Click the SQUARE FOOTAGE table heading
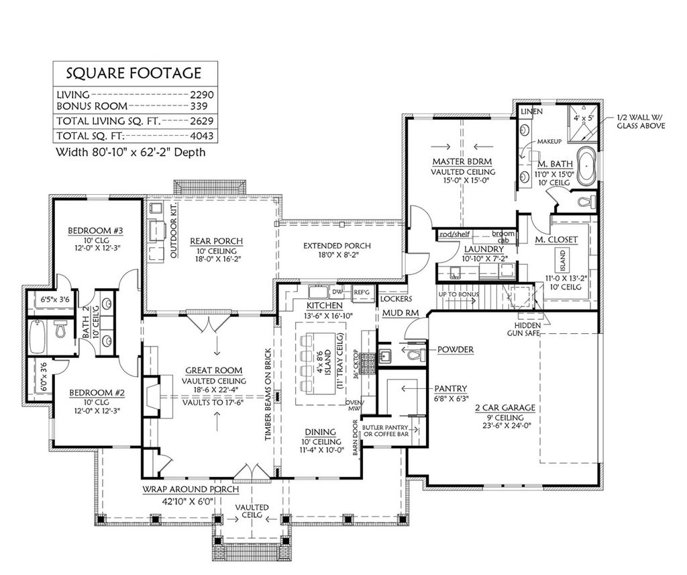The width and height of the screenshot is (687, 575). (x=132, y=73)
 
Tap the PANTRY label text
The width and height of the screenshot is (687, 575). (x=450, y=388)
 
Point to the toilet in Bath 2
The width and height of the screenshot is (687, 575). (x=60, y=329)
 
